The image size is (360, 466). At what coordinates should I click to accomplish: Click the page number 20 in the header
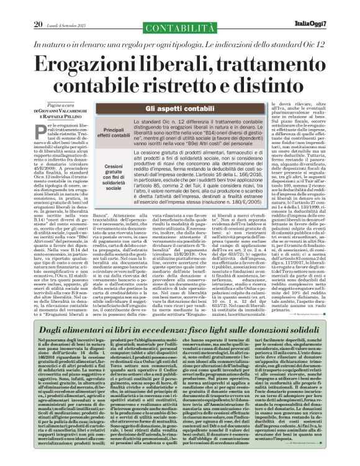click(x=38, y=7)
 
